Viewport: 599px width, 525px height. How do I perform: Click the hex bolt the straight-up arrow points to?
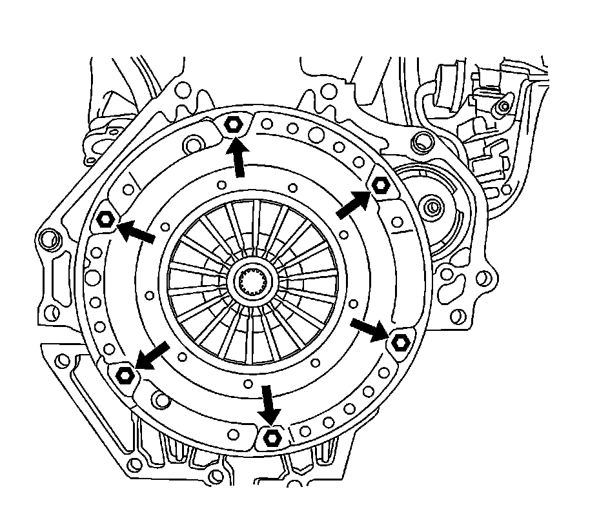pyautogui.click(x=234, y=126)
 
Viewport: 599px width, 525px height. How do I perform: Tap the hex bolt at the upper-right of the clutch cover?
pyautogui.click(x=380, y=185)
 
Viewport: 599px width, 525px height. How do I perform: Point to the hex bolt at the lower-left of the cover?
pyautogui.click(x=125, y=374)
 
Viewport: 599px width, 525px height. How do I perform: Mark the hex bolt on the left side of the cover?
pyautogui.click(x=105, y=221)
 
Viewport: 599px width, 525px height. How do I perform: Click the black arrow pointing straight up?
pyautogui.click(x=238, y=159)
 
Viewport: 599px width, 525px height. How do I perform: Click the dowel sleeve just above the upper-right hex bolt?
pyautogui.click(x=422, y=138)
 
